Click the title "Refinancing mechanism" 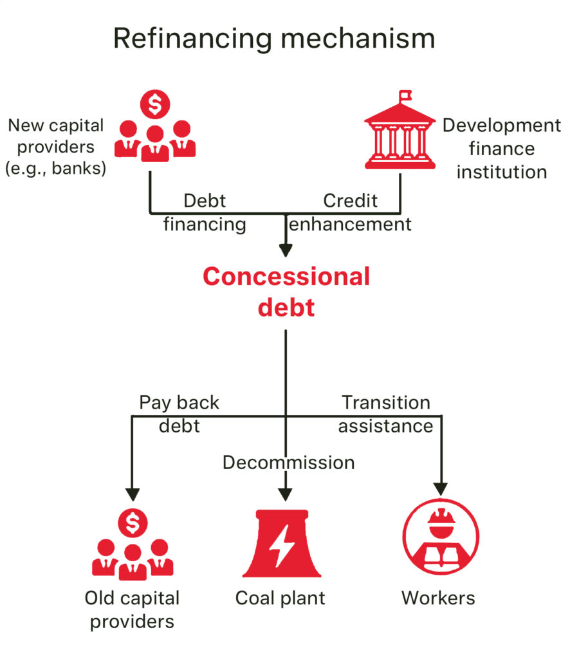pyautogui.click(x=274, y=38)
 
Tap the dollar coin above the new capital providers pyautogui.click(x=154, y=105)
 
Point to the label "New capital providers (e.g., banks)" pyautogui.click(x=55, y=147)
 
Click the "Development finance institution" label pyautogui.click(x=501, y=149)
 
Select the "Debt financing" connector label pyautogui.click(x=205, y=212)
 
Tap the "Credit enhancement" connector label pyautogui.click(x=351, y=212)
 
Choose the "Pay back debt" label pyautogui.click(x=179, y=413)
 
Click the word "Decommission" pyautogui.click(x=289, y=462)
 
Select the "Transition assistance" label pyautogui.click(x=385, y=414)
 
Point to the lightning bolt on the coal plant pyautogui.click(x=281, y=544)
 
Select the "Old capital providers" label pyautogui.click(x=132, y=609)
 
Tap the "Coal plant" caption pyautogui.click(x=280, y=598)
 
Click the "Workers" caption pyautogui.click(x=438, y=598)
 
